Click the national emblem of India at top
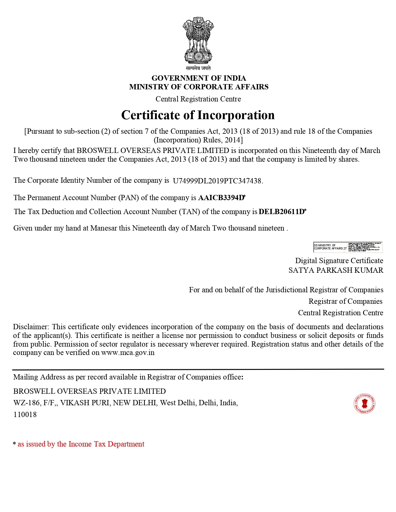(198, 40)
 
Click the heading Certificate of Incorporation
(198, 115)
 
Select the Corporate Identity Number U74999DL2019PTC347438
(218, 181)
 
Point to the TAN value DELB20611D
(281, 212)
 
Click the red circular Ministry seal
(364, 404)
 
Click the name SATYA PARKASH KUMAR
(336, 270)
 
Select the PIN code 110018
(25, 415)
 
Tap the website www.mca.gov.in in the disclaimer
(128, 353)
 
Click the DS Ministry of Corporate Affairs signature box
(348, 247)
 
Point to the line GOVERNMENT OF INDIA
(198, 78)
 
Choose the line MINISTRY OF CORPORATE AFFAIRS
(198, 87)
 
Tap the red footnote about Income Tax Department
(81, 444)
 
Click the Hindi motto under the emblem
(198, 68)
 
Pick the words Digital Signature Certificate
(339, 261)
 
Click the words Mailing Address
(39, 377)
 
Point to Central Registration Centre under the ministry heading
(198, 99)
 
